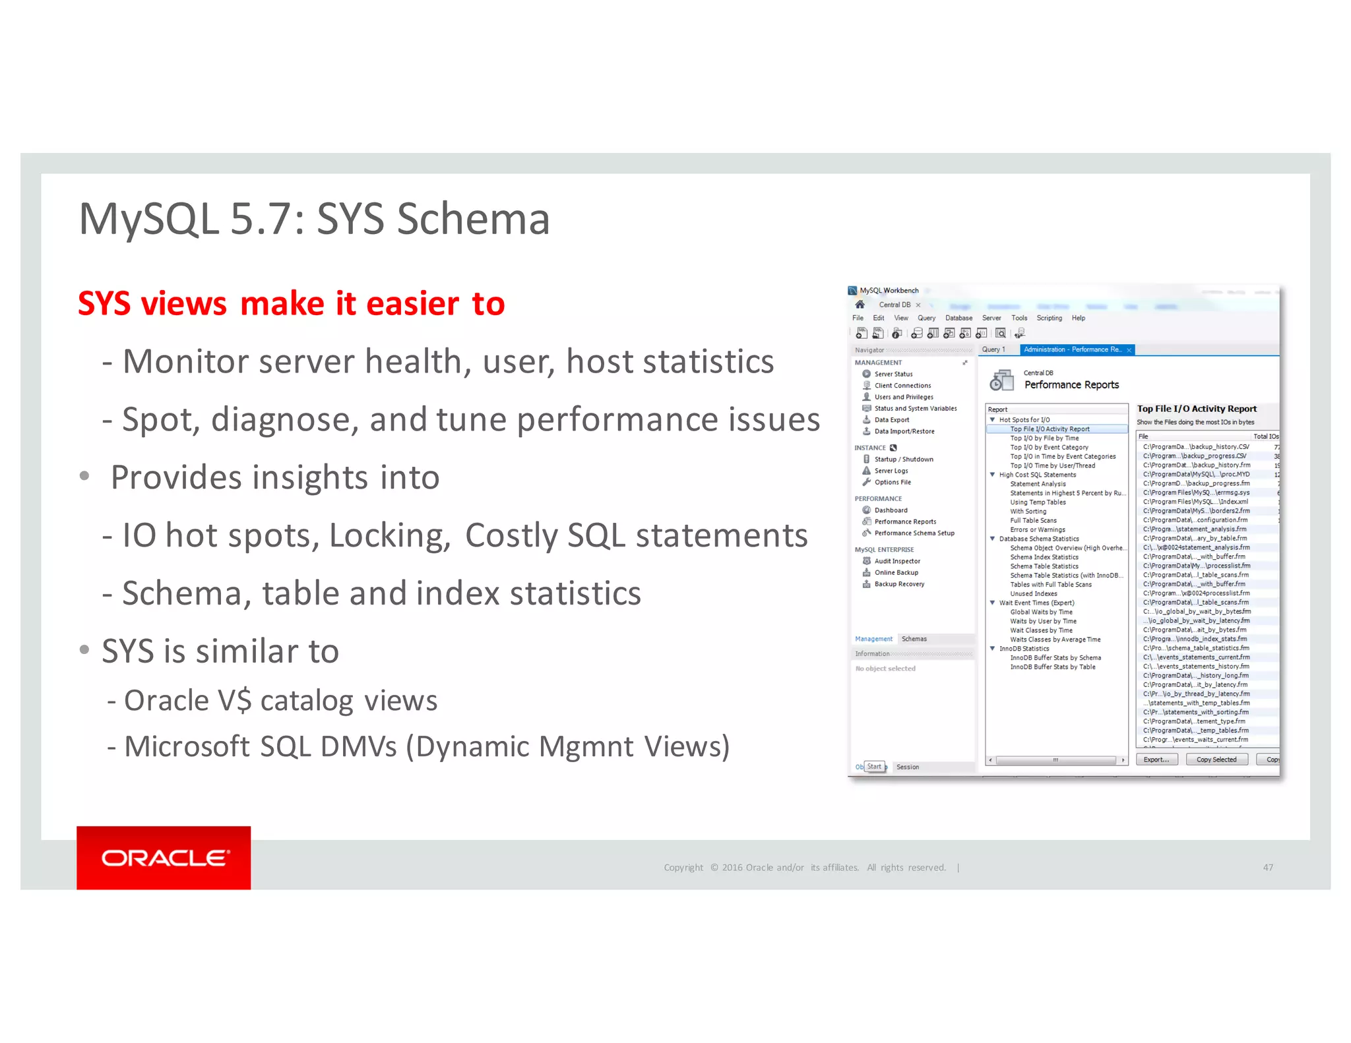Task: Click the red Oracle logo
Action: (x=163, y=857)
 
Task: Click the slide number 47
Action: (x=1268, y=868)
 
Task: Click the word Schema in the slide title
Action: (x=473, y=219)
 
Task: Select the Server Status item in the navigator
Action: (x=893, y=374)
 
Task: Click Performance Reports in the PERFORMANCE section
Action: (x=905, y=521)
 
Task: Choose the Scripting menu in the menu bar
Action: (x=1049, y=318)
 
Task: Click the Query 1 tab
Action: (x=993, y=349)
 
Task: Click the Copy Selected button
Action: (x=1216, y=760)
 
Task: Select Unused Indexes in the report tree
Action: (x=1034, y=593)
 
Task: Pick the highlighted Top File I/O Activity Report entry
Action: (x=1050, y=429)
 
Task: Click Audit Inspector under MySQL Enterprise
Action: (x=897, y=561)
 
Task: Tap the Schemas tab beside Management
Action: (x=914, y=639)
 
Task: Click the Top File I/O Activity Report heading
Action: (x=1197, y=409)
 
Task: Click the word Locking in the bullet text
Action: (x=389, y=535)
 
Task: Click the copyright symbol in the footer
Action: (x=714, y=868)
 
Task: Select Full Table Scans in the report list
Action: (x=1033, y=520)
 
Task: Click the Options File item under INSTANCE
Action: (x=893, y=482)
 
